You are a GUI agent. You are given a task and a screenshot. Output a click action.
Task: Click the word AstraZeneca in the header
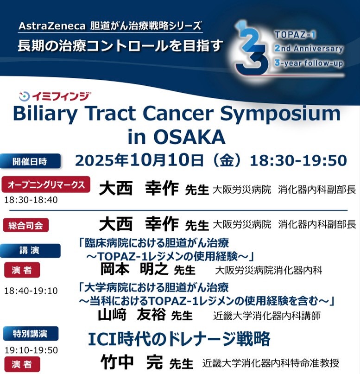pyautogui.click(x=52, y=26)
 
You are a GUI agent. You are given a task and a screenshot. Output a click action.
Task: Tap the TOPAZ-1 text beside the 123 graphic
pyautogui.click(x=295, y=35)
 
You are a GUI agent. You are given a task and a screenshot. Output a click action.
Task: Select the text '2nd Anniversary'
pyautogui.click(x=309, y=48)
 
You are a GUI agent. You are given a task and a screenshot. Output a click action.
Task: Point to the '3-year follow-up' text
pyautogui.click(x=309, y=63)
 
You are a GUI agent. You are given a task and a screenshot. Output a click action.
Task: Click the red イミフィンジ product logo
pyautogui.click(x=55, y=96)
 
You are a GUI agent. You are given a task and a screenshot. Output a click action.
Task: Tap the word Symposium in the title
pyautogui.click(x=280, y=114)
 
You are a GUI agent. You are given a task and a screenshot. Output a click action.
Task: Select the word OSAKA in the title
pyautogui.click(x=189, y=137)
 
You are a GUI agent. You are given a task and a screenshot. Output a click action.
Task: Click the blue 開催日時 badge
pyautogui.click(x=30, y=161)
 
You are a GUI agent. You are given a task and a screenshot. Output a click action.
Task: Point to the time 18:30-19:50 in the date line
pyautogui.click(x=298, y=160)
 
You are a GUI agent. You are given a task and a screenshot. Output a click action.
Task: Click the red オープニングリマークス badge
pyautogui.click(x=46, y=184)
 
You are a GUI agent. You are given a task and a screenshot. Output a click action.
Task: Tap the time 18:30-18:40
pyautogui.click(x=31, y=200)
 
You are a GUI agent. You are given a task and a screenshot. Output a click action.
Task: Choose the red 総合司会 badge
pyautogui.click(x=26, y=225)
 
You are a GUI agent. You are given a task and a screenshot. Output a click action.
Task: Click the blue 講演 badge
pyautogui.click(x=30, y=250)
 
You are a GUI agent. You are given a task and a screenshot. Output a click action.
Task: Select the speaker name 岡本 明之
pyautogui.click(x=134, y=269)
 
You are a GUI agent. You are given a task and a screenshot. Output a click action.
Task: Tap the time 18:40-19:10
pyautogui.click(x=31, y=291)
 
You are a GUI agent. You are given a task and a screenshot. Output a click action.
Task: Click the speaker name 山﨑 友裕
pyautogui.click(x=132, y=315)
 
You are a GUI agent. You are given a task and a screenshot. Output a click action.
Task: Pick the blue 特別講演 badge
pyautogui.click(x=31, y=334)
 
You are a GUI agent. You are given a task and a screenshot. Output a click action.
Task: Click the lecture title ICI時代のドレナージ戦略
pyautogui.click(x=179, y=339)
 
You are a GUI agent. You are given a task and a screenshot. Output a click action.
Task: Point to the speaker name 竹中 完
pyautogui.click(x=132, y=362)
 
